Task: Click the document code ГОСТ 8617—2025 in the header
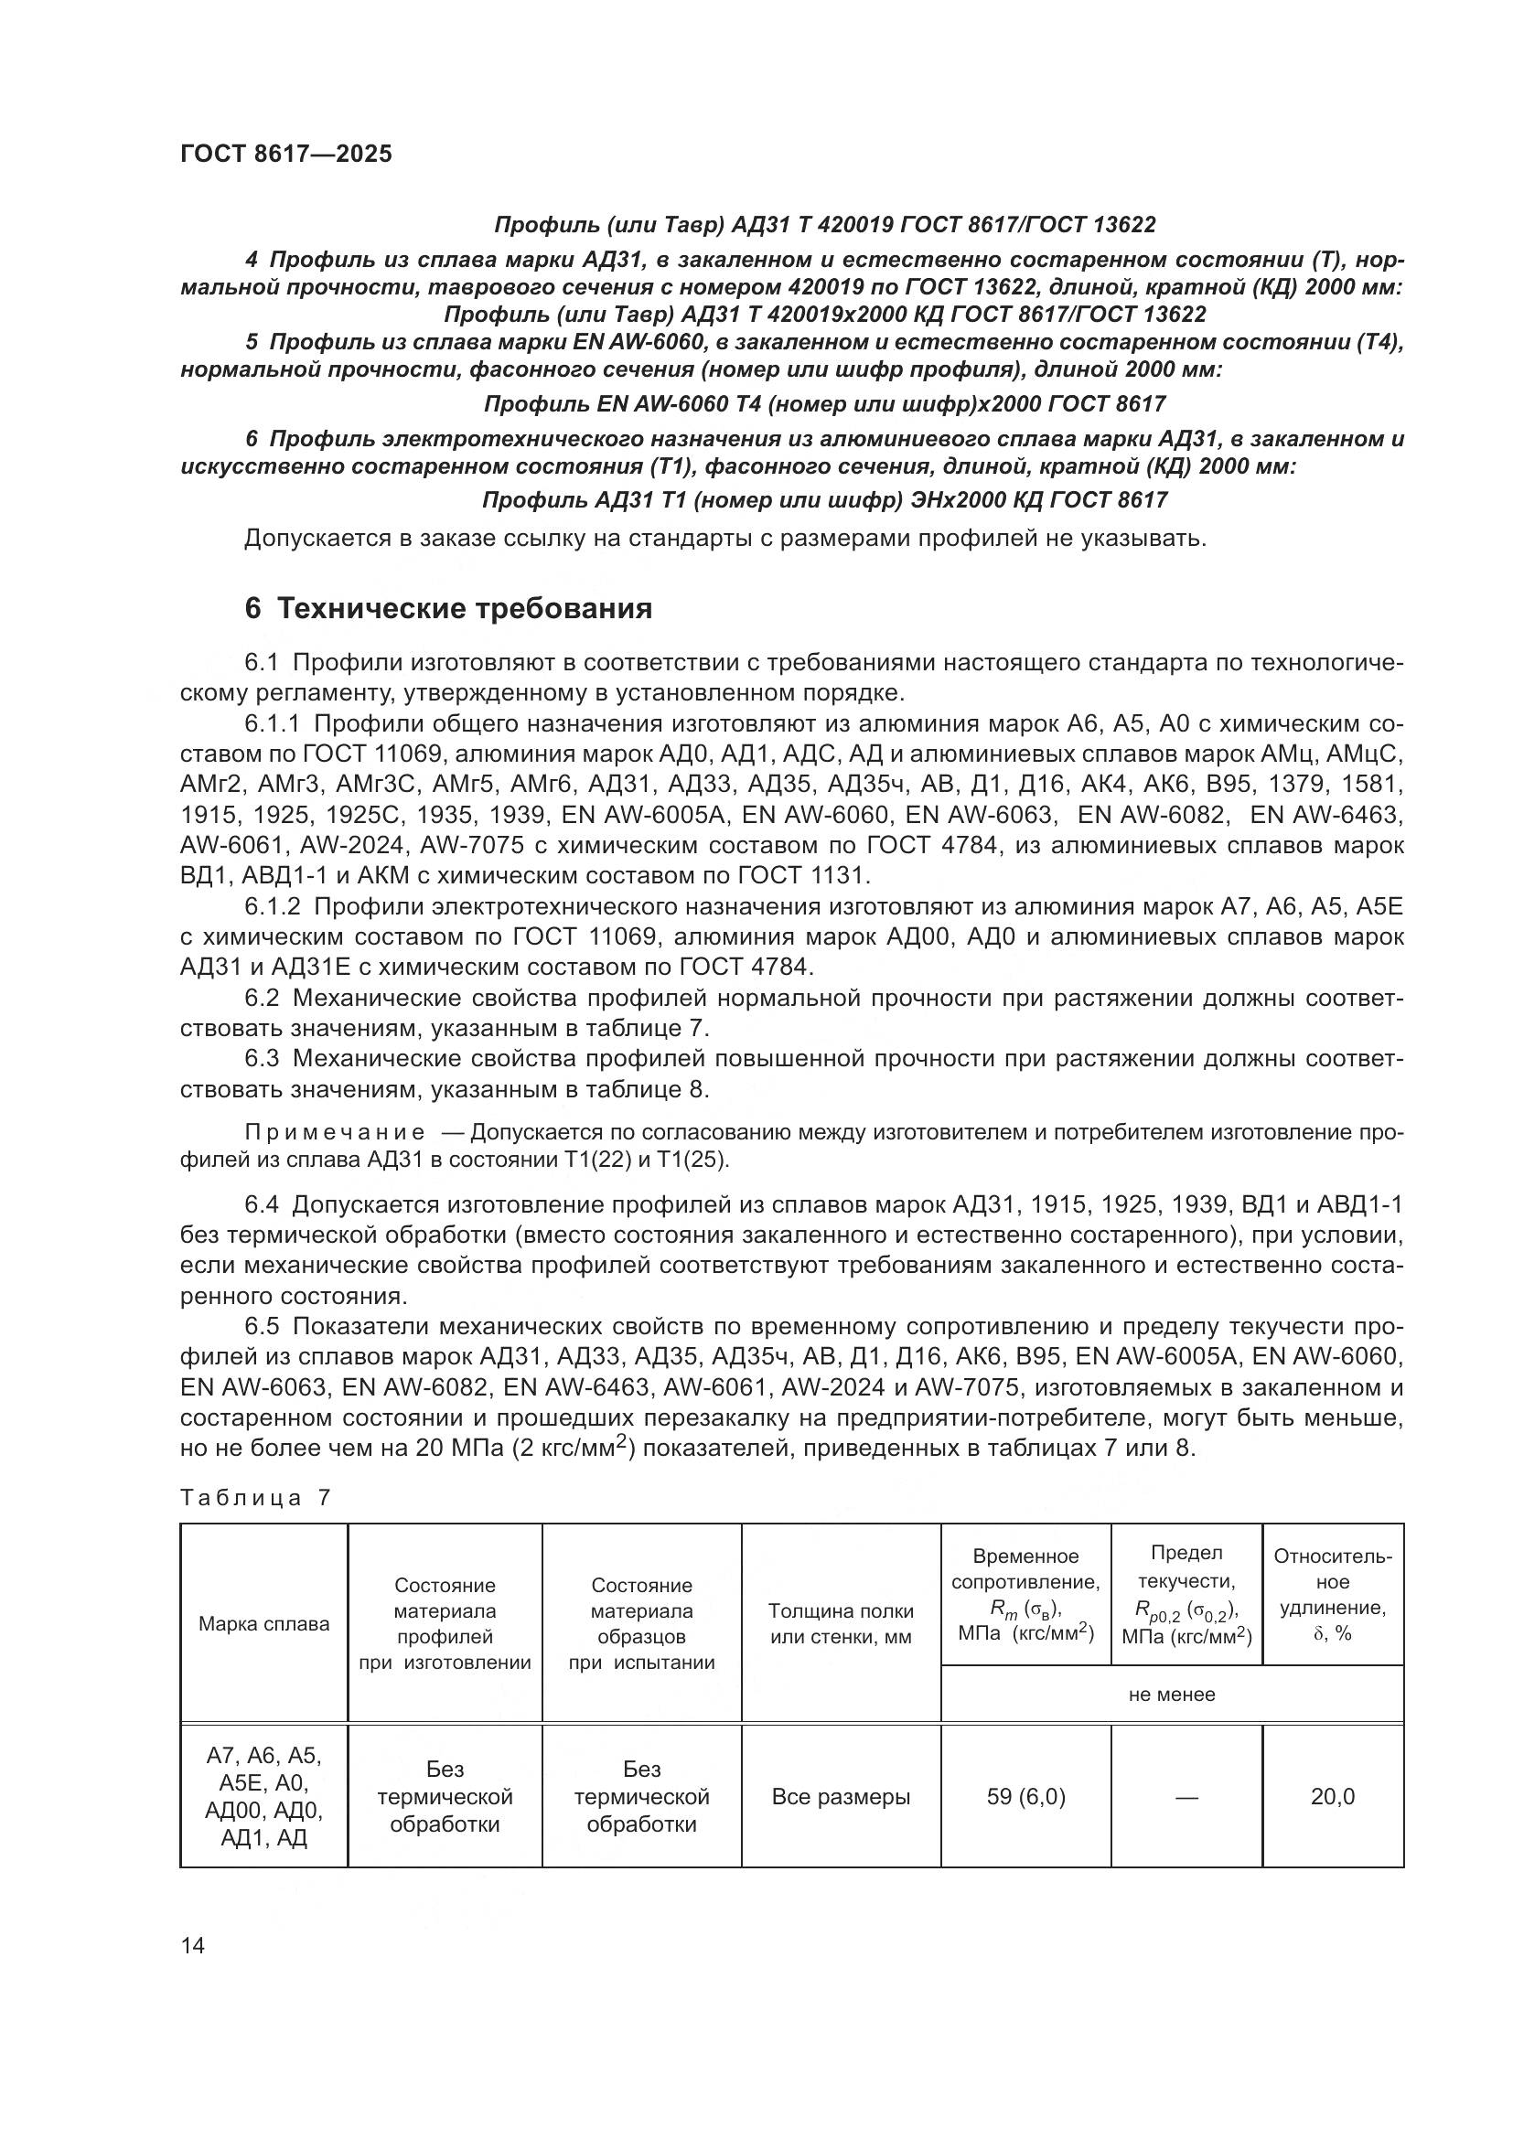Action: click(286, 154)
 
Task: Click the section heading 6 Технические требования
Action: click(447, 608)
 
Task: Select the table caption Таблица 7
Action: click(254, 1498)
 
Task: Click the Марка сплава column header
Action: click(263, 1624)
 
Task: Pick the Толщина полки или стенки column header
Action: click(841, 1624)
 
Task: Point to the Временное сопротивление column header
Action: click(1025, 1594)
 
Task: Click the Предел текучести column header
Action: click(1186, 1594)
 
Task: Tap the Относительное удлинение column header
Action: click(1332, 1594)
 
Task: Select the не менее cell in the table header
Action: click(1171, 1695)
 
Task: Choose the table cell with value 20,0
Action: click(1332, 1797)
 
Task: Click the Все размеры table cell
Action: click(841, 1797)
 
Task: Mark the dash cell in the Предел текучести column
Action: click(1186, 1797)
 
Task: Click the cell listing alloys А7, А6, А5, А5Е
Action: click(263, 1797)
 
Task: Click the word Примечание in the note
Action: click(335, 1133)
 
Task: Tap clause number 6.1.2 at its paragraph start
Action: click(272, 906)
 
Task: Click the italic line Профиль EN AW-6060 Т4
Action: click(824, 404)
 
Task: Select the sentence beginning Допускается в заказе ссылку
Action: click(724, 539)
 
